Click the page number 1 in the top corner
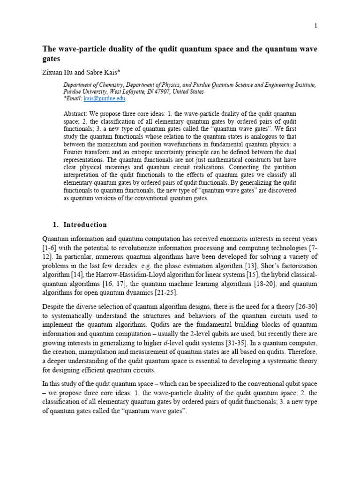pos(316,26)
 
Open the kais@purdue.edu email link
pos(105,99)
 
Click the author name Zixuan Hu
pos(58,73)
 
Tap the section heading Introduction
pos(86,225)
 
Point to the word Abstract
pos(74,114)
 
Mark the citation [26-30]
pos(307,307)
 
